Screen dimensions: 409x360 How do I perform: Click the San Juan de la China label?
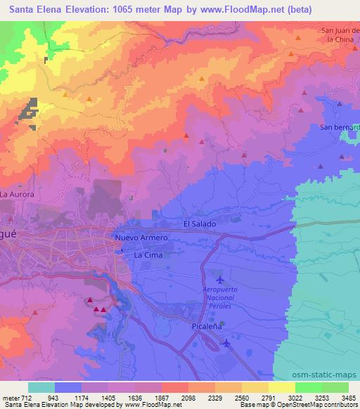coord(340,35)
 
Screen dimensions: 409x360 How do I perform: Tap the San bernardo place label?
coord(340,127)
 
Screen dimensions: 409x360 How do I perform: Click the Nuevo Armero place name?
coord(141,238)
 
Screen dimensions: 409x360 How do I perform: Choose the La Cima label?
coord(148,255)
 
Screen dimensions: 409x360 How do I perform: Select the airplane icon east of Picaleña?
coord(226,343)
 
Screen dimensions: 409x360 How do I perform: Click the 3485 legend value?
coord(348,397)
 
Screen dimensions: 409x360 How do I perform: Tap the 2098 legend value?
coord(188,397)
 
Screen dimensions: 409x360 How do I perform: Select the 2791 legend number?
coord(268,397)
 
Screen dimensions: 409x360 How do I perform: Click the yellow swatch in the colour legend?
coord(282,387)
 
